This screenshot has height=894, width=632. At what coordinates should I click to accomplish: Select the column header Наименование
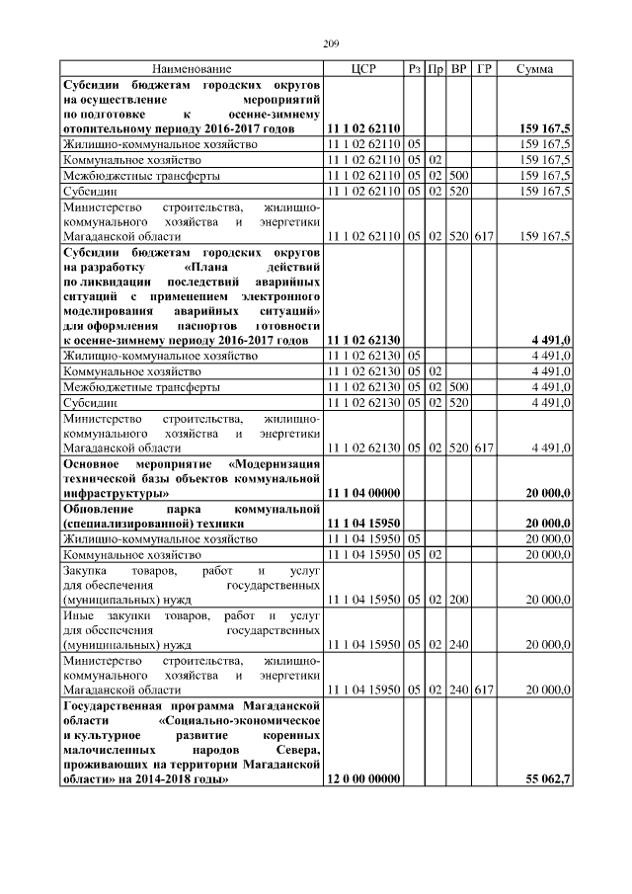192,69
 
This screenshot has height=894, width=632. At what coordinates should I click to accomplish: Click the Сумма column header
534,69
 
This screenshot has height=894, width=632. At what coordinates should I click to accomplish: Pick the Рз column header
414,69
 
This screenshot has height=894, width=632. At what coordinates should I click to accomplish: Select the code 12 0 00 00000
362,779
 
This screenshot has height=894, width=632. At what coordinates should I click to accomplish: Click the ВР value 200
458,599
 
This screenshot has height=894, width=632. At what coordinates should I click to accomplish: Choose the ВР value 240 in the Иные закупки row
458,644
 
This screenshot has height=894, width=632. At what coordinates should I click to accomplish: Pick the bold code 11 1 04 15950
362,523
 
